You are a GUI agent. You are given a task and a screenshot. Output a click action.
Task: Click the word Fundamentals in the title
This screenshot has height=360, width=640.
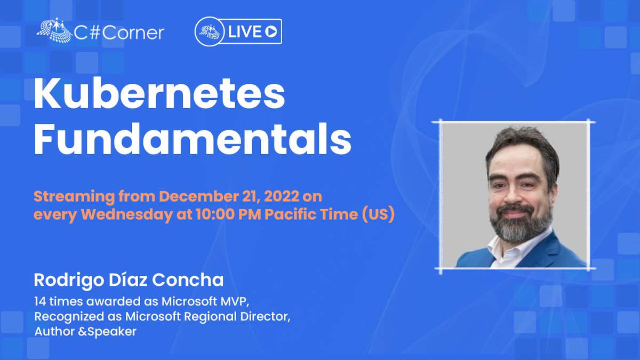(x=193, y=140)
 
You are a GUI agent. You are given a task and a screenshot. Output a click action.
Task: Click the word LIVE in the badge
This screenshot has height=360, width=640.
(x=246, y=32)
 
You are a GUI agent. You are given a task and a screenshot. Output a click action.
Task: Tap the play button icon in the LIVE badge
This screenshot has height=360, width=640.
(x=271, y=32)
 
